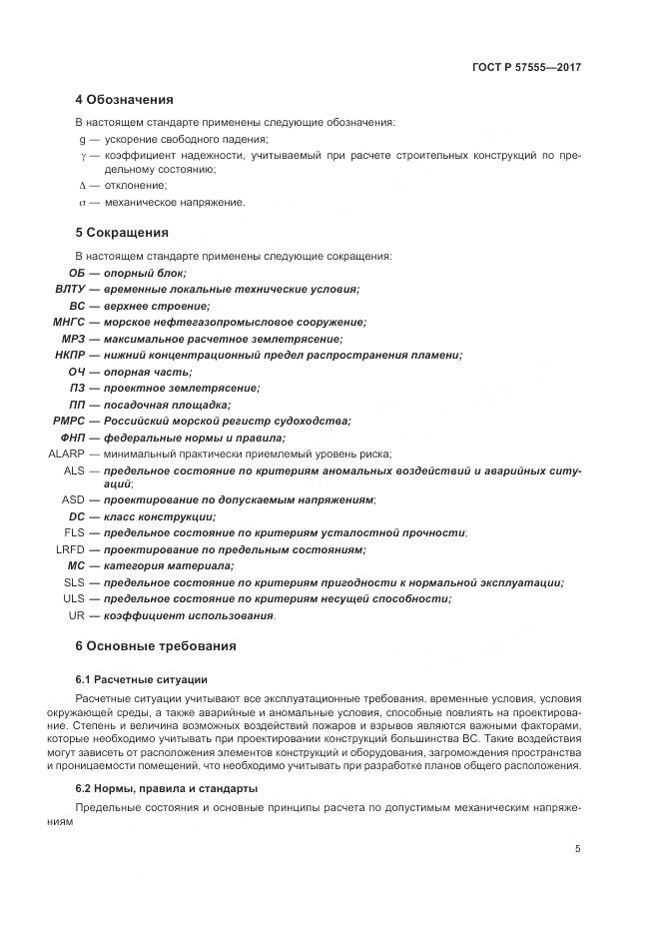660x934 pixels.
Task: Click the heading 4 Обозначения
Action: (x=124, y=100)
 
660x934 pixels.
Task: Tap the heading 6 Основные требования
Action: (x=156, y=645)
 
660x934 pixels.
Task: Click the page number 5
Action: (x=578, y=849)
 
